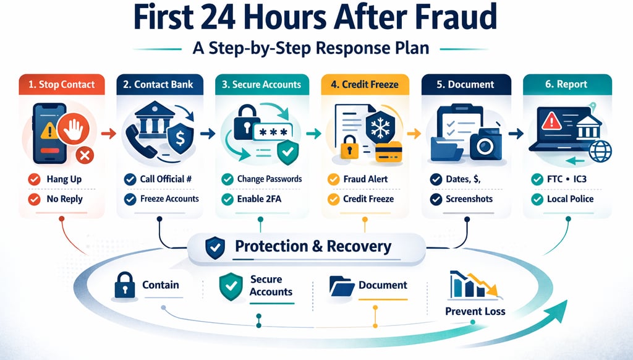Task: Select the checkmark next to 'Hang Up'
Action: click(35, 179)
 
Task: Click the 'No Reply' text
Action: click(64, 199)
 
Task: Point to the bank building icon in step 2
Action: click(152, 124)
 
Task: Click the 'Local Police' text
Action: click(570, 199)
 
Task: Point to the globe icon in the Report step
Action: click(599, 151)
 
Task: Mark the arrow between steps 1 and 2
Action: click(107, 132)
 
